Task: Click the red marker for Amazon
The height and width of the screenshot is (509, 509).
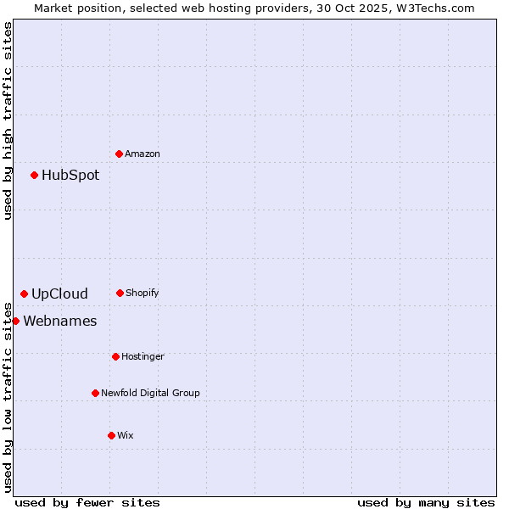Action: pos(119,154)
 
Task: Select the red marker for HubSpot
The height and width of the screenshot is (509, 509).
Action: pos(34,175)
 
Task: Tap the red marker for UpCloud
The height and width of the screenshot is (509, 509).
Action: pos(24,294)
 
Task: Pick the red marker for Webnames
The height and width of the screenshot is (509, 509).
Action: pos(15,321)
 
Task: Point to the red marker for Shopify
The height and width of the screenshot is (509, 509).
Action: pos(120,293)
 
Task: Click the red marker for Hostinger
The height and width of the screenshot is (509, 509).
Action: pos(115,356)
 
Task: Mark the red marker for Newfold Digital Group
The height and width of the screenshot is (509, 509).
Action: pos(95,393)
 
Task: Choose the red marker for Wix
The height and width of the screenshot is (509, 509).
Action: pos(111,435)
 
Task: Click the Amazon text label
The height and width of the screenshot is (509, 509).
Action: pos(143,154)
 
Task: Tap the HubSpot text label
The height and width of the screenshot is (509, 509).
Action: pos(70,176)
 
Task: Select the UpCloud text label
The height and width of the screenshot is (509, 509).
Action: pos(59,294)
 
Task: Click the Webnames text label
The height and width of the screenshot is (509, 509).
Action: pos(60,322)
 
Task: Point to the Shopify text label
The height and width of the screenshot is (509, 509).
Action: pos(143,293)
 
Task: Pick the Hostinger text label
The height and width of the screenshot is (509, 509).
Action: pos(143,356)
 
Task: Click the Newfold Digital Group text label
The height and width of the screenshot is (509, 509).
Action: pos(150,393)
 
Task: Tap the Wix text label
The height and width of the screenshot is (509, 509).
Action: pos(126,435)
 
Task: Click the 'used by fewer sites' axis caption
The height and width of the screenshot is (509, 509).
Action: pos(87,502)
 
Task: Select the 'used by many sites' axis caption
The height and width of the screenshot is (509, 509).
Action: pos(426,502)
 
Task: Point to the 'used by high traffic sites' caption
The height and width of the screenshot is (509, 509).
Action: pos(8,120)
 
